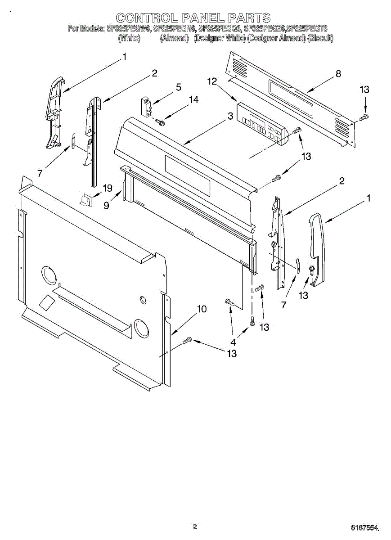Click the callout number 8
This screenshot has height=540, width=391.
click(x=338, y=74)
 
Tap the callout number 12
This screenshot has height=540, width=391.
click(x=212, y=81)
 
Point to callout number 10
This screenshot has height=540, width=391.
click(x=202, y=309)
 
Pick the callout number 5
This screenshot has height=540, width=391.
click(x=179, y=87)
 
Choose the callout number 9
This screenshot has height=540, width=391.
click(x=107, y=205)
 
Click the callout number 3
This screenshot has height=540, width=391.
click(x=230, y=116)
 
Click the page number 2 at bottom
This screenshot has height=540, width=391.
click(x=195, y=527)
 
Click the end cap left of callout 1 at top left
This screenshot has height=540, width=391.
click(x=55, y=112)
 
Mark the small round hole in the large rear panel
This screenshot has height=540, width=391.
click(x=143, y=299)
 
